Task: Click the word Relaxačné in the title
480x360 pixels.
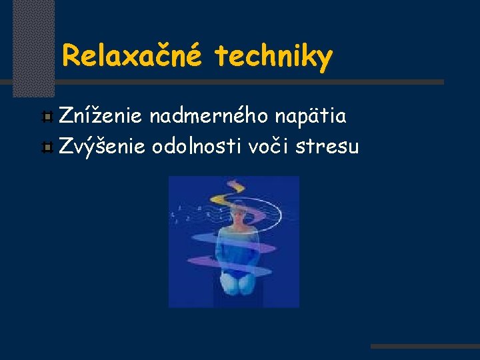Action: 131,57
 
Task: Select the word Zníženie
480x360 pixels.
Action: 100,117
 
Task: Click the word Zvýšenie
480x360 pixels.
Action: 101,145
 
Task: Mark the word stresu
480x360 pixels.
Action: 327,145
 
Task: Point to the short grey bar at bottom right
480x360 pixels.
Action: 425,347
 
